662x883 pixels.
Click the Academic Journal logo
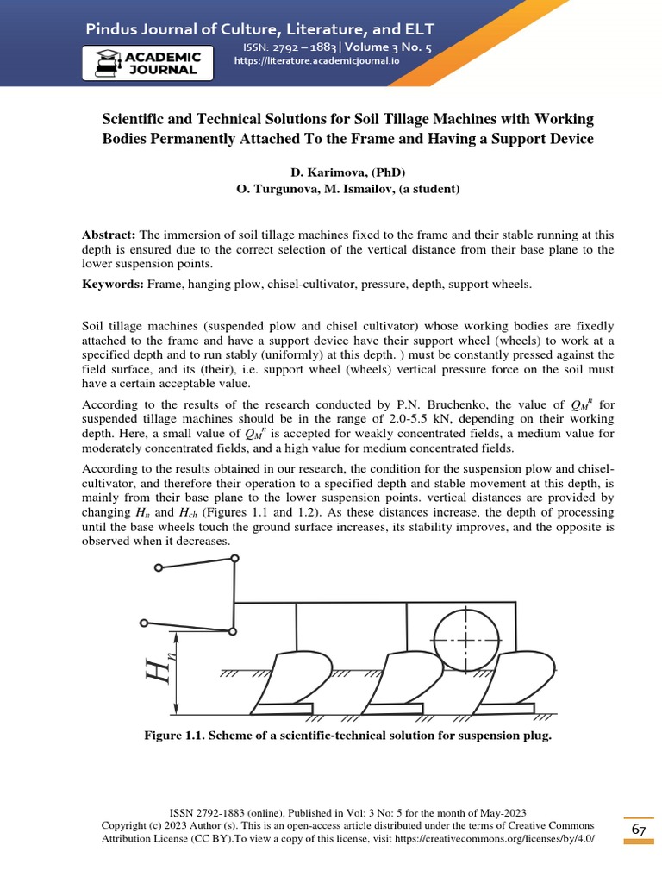pos(147,63)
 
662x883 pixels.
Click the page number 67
pos(639,829)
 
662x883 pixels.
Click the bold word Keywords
pos(113,283)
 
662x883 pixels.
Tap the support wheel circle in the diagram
pos(465,642)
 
